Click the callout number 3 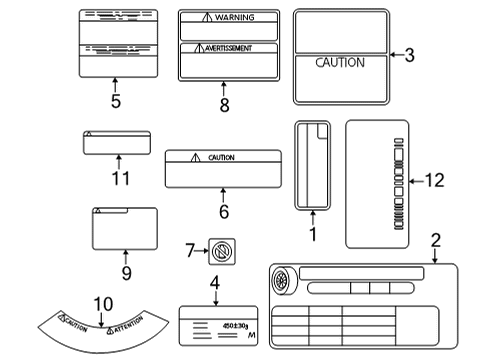coord(409,56)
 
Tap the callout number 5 coord(115,101)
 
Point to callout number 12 coord(433,181)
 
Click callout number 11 coord(118,178)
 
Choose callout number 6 coord(224,211)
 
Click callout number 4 coord(214,282)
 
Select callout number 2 coord(435,239)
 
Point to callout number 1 coord(312,234)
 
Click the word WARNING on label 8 coord(234,18)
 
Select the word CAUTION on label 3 coord(340,62)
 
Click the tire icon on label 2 coord(283,280)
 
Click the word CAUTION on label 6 coord(220,157)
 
